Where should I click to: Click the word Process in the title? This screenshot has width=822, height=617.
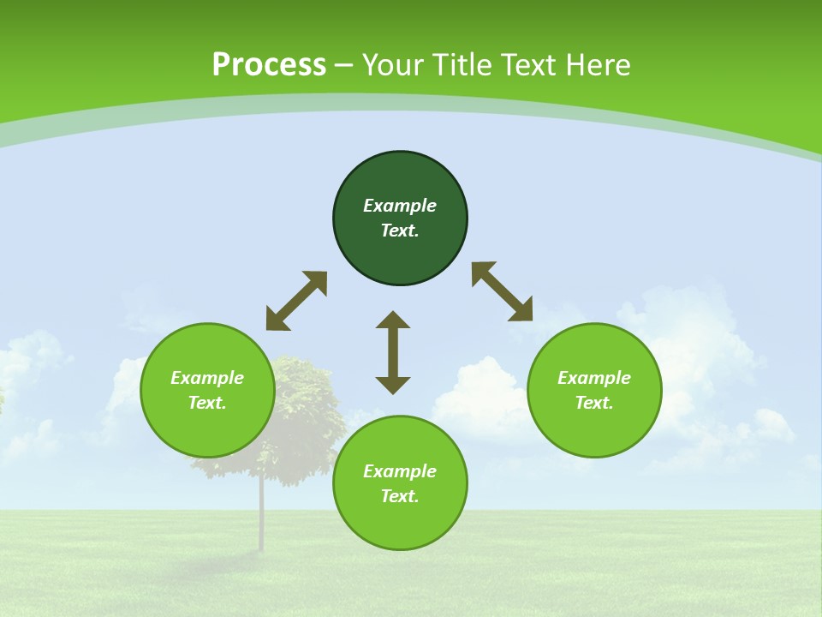point(269,65)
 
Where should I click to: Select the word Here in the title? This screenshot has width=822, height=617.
point(600,65)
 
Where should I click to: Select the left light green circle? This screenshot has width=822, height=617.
point(207,428)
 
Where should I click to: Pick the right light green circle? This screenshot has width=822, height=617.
point(594,428)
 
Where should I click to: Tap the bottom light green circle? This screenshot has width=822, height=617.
point(400,523)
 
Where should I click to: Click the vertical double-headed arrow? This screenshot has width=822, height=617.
point(393,352)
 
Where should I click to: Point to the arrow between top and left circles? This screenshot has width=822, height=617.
point(296,301)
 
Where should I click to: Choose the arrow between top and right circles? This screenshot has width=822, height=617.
point(502,291)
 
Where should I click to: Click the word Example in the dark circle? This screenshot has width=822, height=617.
point(400,206)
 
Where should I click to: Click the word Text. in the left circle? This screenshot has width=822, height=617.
point(207,403)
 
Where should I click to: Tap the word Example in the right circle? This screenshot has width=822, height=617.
point(594,378)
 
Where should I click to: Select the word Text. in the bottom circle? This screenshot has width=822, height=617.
point(400,496)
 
